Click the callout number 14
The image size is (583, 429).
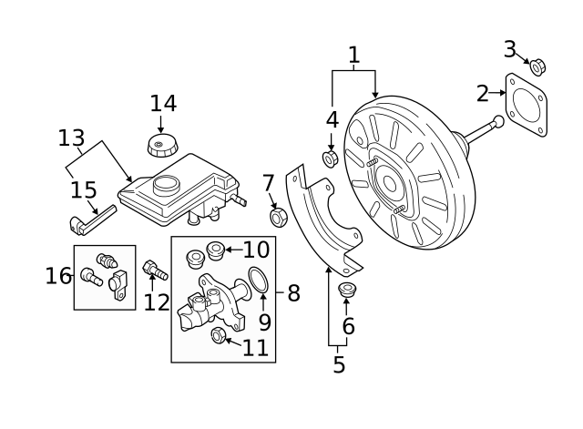(163, 104)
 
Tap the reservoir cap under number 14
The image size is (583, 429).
(161, 146)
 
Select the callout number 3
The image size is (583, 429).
(510, 49)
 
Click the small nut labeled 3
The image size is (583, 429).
(537, 66)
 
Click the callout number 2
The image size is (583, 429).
(482, 92)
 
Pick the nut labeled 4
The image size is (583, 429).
(332, 158)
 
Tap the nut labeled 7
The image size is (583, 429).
(280, 217)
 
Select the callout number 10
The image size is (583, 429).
(256, 249)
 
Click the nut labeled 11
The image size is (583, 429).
(219, 335)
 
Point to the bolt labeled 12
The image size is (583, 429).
(154, 271)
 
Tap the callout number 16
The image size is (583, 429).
(58, 275)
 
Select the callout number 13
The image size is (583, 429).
(71, 139)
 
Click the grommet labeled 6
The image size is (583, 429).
(346, 291)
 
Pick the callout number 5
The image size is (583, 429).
(339, 364)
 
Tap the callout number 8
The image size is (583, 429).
(293, 293)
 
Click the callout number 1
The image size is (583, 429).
(353, 56)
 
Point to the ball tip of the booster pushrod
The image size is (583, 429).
(498, 121)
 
